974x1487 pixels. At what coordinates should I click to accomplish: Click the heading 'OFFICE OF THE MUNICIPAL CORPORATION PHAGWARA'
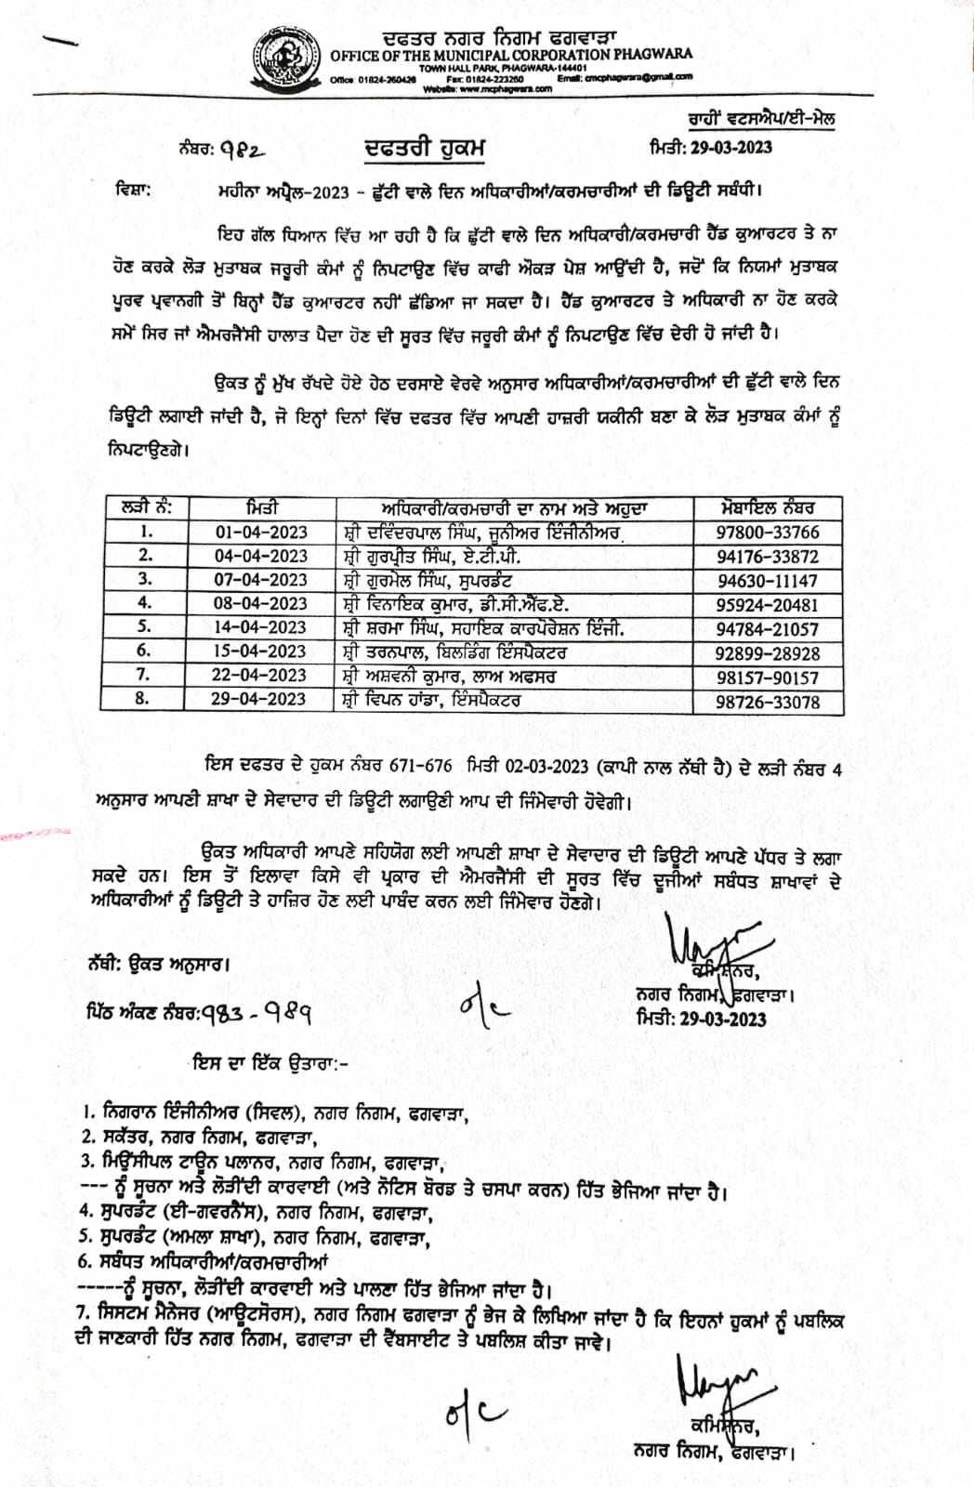point(511,54)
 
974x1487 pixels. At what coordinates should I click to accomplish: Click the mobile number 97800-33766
point(768,533)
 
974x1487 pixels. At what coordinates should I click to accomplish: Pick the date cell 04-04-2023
point(261,556)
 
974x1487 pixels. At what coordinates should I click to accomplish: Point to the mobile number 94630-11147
point(768,581)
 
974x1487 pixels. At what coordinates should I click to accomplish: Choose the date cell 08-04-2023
point(261,604)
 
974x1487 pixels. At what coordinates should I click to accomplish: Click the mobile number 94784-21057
point(768,629)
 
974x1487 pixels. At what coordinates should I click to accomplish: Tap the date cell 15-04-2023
point(260,651)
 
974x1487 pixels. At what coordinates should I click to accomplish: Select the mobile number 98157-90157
point(768,678)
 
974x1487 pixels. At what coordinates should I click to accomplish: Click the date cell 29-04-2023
point(259,700)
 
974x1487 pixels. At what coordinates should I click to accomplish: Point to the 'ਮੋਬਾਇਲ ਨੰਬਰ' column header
point(768,508)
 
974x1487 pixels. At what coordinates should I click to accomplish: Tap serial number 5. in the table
point(144,627)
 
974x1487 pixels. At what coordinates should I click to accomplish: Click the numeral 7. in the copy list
point(86,1312)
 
